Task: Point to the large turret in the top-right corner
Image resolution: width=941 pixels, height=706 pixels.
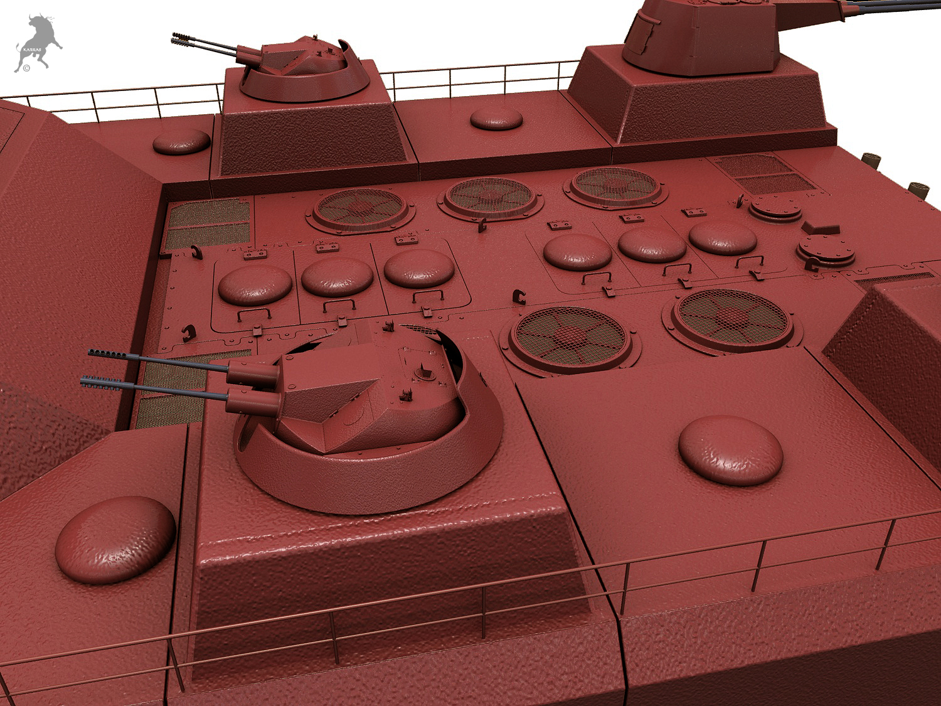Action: [x=703, y=35]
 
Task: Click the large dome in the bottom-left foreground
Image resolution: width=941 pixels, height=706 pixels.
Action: [x=115, y=539]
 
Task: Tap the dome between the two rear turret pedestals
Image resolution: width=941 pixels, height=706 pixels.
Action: [x=496, y=119]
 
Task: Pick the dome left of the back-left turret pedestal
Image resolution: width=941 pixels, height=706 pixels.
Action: [x=181, y=142]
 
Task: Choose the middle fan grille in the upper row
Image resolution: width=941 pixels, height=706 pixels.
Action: [x=492, y=196]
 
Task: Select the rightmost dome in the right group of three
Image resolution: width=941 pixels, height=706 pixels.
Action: [x=723, y=237]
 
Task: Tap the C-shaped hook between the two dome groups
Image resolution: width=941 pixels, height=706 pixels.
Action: [x=518, y=296]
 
